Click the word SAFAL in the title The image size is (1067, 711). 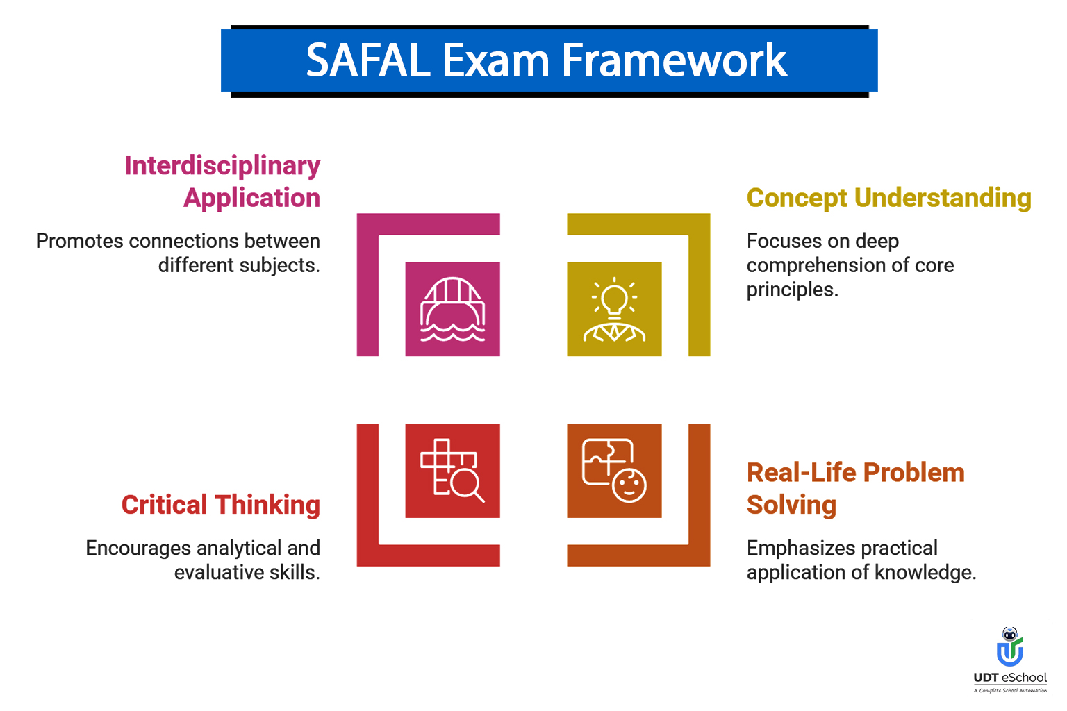pos(368,60)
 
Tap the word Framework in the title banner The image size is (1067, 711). pos(674,60)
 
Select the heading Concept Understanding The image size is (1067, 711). pos(888,198)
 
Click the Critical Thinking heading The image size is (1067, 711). pos(221,505)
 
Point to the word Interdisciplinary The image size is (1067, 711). pos(222,166)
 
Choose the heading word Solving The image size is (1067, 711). pos(791,505)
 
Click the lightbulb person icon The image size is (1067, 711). pos(614,310)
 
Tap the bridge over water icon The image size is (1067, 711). pos(452,310)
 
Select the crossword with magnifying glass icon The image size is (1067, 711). pos(452,471)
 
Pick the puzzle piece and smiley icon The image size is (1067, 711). pos(614,471)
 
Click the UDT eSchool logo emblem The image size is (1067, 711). pos(1010,647)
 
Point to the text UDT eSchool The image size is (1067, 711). pos(1010,678)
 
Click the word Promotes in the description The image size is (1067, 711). pos(80,241)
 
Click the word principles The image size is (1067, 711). pos(792,290)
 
